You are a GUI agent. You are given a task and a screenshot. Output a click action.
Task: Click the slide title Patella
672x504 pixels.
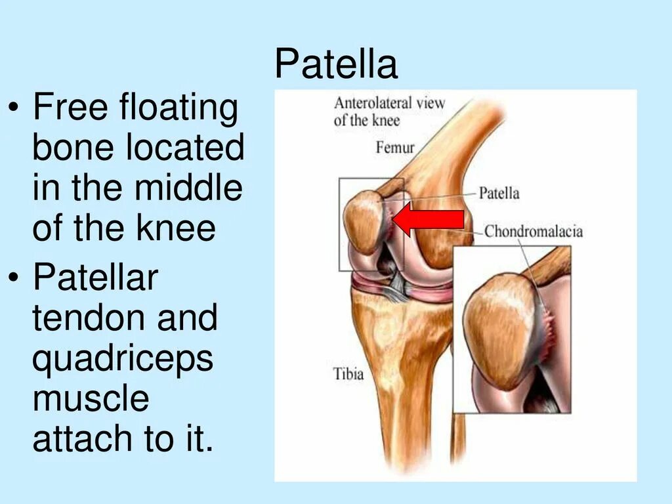(x=336, y=65)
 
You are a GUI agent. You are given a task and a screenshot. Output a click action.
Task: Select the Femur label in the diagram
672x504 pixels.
(x=395, y=146)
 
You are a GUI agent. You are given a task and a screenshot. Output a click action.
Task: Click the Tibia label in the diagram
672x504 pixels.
(x=348, y=375)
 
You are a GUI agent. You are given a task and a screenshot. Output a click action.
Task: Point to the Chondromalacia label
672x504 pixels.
(x=534, y=231)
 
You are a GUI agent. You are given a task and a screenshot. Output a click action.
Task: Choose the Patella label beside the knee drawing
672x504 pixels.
(x=499, y=193)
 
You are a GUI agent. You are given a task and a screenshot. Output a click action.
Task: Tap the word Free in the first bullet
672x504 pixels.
(x=71, y=108)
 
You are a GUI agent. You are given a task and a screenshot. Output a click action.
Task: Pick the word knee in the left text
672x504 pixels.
(x=177, y=228)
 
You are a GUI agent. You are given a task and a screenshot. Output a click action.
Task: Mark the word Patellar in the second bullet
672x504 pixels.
(x=95, y=278)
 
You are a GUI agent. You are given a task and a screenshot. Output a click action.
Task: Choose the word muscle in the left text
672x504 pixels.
(x=91, y=399)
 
